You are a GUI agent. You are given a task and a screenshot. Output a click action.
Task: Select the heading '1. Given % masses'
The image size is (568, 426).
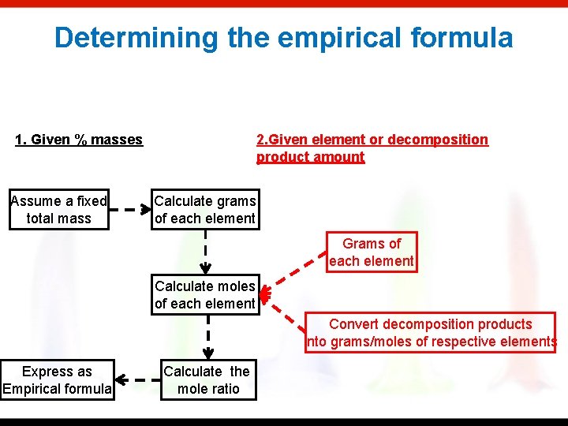click(x=79, y=140)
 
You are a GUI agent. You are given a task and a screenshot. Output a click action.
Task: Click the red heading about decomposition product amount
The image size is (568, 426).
click(x=372, y=148)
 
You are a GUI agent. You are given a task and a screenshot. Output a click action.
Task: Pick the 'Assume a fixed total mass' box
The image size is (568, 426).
click(x=59, y=210)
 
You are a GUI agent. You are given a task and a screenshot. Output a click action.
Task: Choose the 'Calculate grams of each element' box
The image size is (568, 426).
click(x=204, y=210)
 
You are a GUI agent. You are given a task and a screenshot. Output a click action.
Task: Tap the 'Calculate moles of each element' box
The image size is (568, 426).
click(x=204, y=295)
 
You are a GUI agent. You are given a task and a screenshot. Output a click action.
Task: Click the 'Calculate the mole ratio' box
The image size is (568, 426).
click(x=206, y=380)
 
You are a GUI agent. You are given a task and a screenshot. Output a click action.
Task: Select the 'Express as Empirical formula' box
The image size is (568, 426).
click(x=57, y=380)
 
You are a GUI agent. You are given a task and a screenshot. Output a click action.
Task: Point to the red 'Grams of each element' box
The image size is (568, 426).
click(x=372, y=252)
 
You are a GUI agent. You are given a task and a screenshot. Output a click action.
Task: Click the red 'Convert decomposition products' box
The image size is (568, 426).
click(x=431, y=333)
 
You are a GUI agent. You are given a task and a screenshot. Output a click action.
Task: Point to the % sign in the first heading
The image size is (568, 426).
click(x=81, y=140)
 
